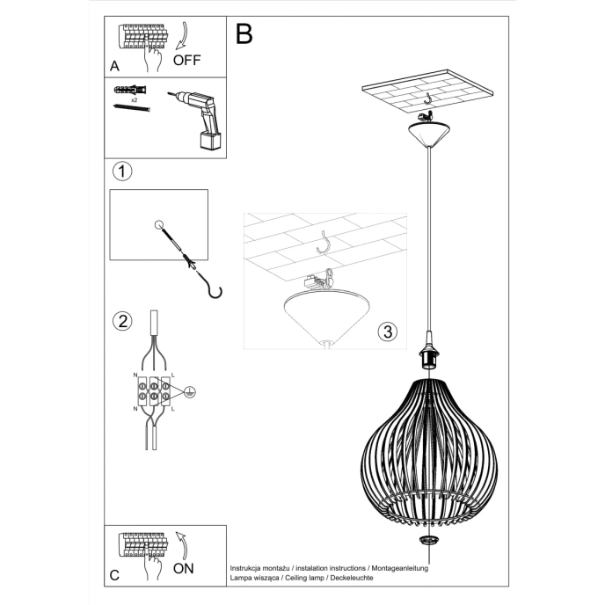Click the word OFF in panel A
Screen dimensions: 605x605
pos(186,61)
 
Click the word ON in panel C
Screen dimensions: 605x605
pos(184,568)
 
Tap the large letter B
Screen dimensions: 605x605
pos(244,34)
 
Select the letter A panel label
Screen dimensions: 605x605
pos(114,66)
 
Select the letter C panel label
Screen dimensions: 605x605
pos(114,577)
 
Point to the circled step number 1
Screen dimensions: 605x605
pos(123,171)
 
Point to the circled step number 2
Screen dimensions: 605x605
pos(123,320)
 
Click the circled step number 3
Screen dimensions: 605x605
pos(387,332)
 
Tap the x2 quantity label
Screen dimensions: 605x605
pos(134,100)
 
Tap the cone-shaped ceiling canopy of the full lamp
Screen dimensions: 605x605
pos(427,135)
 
